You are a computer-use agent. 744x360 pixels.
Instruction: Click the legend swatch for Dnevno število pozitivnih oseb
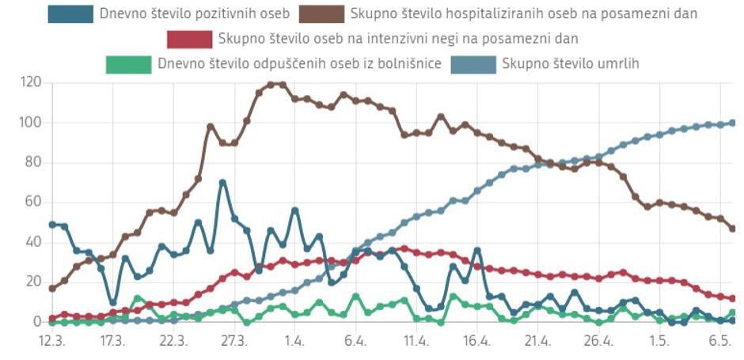point(69,14)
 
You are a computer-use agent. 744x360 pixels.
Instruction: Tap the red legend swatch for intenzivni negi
point(190,39)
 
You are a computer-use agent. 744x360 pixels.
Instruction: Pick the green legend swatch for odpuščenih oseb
point(127,64)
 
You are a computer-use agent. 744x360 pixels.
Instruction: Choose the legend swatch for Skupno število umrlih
point(472,64)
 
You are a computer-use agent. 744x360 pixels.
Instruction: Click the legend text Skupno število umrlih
point(570,64)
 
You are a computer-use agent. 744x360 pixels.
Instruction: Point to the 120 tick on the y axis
point(31,82)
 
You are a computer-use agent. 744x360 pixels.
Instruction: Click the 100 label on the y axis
point(31,123)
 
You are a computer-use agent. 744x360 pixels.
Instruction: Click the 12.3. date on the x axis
point(52,341)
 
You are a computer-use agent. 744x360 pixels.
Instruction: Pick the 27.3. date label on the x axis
point(234,341)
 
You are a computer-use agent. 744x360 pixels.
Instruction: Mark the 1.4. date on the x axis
point(294,341)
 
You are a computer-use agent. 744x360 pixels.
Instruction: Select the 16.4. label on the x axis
point(477,341)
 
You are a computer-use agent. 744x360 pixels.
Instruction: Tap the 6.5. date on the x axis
point(719,341)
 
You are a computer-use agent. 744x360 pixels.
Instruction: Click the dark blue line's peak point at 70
point(222,182)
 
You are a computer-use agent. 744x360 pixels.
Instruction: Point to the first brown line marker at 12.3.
point(52,288)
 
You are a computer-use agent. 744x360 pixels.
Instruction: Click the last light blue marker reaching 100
point(732,123)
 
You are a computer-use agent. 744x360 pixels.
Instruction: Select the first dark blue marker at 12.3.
point(52,224)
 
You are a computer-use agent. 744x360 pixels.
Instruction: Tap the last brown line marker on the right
point(732,229)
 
